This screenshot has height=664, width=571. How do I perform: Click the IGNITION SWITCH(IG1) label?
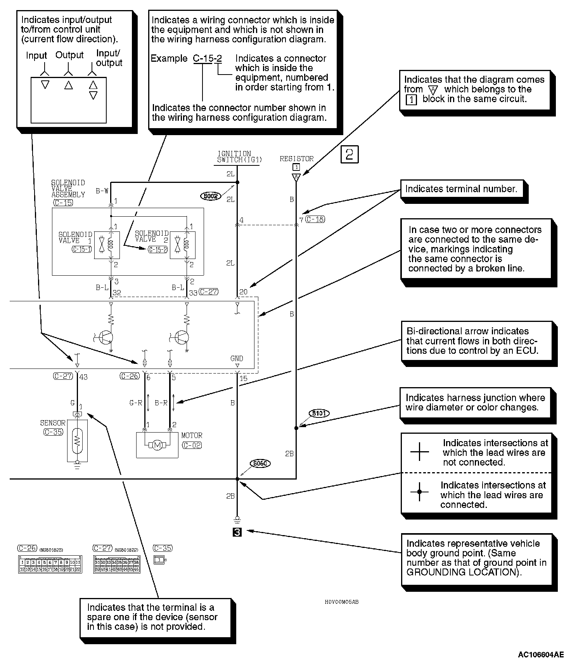click(239, 156)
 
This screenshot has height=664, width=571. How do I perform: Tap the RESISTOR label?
click(296, 159)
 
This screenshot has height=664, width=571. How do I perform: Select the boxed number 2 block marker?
click(349, 154)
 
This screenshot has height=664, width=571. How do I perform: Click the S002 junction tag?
click(211, 196)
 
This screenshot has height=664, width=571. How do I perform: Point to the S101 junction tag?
click(319, 414)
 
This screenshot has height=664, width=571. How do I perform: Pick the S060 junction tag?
click(260, 463)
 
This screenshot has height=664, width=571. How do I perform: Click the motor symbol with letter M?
click(157, 445)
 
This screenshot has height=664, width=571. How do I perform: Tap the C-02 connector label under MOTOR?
click(192, 445)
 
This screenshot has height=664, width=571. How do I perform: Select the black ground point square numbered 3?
click(237, 532)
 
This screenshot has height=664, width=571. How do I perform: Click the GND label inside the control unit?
click(237, 359)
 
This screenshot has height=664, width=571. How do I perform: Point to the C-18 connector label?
click(315, 219)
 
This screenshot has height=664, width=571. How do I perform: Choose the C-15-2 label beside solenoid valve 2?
click(158, 249)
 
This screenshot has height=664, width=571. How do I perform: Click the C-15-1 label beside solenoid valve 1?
click(82, 249)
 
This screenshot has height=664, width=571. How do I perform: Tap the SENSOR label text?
click(53, 423)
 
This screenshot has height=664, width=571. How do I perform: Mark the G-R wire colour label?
click(136, 403)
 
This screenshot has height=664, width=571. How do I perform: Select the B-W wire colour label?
click(102, 191)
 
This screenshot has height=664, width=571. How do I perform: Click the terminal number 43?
click(83, 377)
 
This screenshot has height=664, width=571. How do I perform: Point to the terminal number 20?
click(243, 292)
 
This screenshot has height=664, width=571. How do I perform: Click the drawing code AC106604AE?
click(541, 655)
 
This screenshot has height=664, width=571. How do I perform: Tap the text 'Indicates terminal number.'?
click(461, 189)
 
